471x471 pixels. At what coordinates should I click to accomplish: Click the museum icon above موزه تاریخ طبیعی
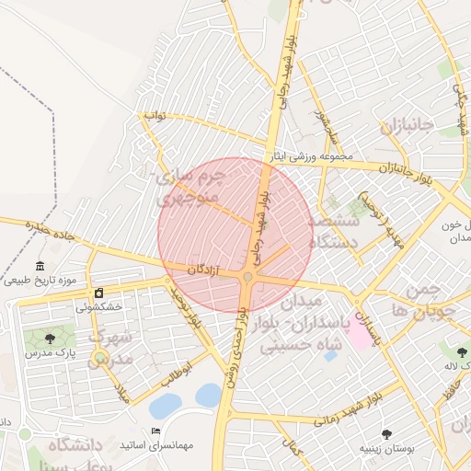(40, 267)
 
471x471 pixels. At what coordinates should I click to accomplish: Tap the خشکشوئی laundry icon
(98, 293)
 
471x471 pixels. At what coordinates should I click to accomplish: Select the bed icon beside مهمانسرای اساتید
(155, 431)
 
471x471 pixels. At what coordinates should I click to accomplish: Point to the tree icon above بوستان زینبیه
(386, 434)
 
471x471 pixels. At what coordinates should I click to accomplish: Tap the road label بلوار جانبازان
(404, 170)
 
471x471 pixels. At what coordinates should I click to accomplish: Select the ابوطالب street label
(180, 373)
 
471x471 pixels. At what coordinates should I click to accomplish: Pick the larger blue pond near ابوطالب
(166, 406)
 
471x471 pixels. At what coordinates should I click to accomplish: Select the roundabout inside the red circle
(248, 277)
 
